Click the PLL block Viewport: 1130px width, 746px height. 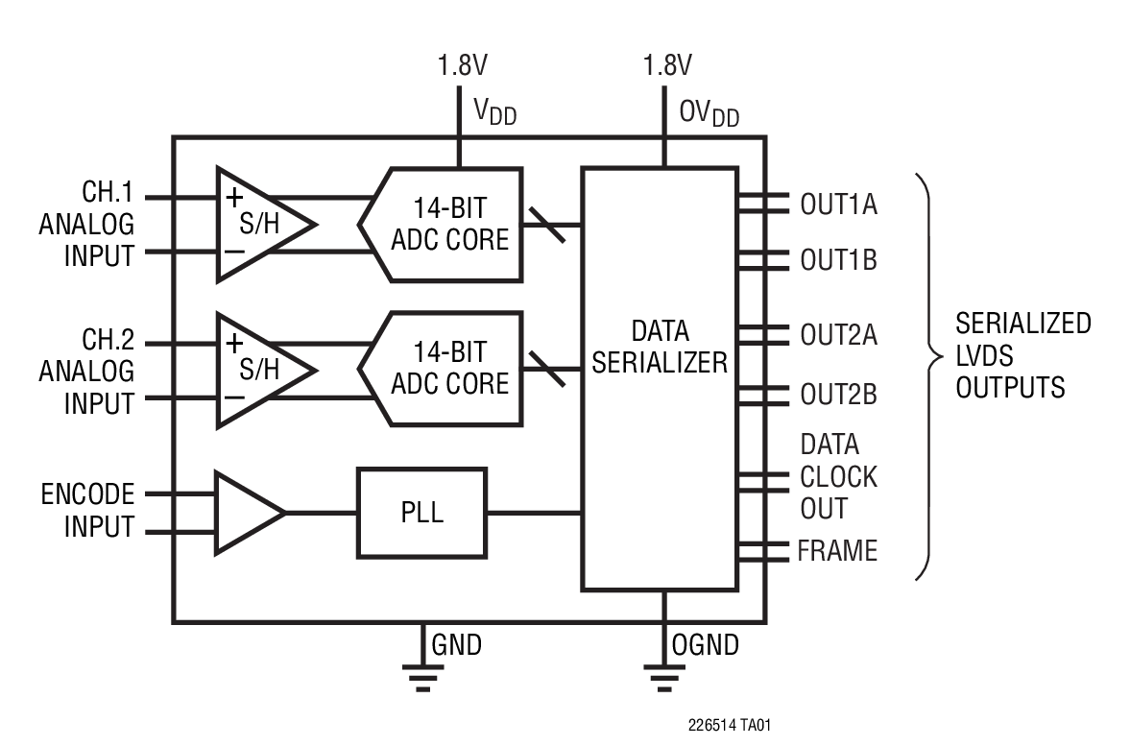pos(421,513)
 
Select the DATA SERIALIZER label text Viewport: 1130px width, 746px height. pos(660,348)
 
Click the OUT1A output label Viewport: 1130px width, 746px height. pos(837,205)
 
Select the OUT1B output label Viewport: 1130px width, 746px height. pos(837,260)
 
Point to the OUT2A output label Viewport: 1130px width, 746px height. pos(837,335)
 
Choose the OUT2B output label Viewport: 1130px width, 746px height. pos(837,395)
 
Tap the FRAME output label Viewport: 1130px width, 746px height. pos(836,551)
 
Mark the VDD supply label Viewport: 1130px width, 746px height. pos(494,111)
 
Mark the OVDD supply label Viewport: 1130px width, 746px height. pos(709,111)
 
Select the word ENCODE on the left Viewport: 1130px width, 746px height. pos(87,495)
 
